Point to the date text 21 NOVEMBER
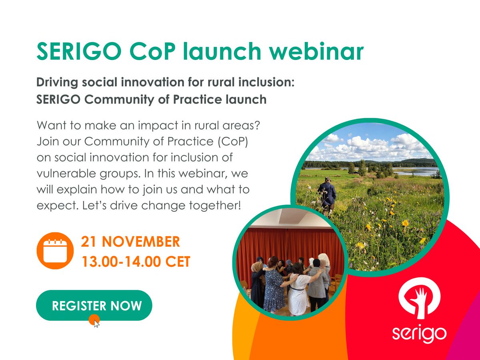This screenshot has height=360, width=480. coord(130,242)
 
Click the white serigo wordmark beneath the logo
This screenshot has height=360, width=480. coord(419,333)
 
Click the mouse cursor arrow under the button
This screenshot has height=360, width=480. coord(96,322)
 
